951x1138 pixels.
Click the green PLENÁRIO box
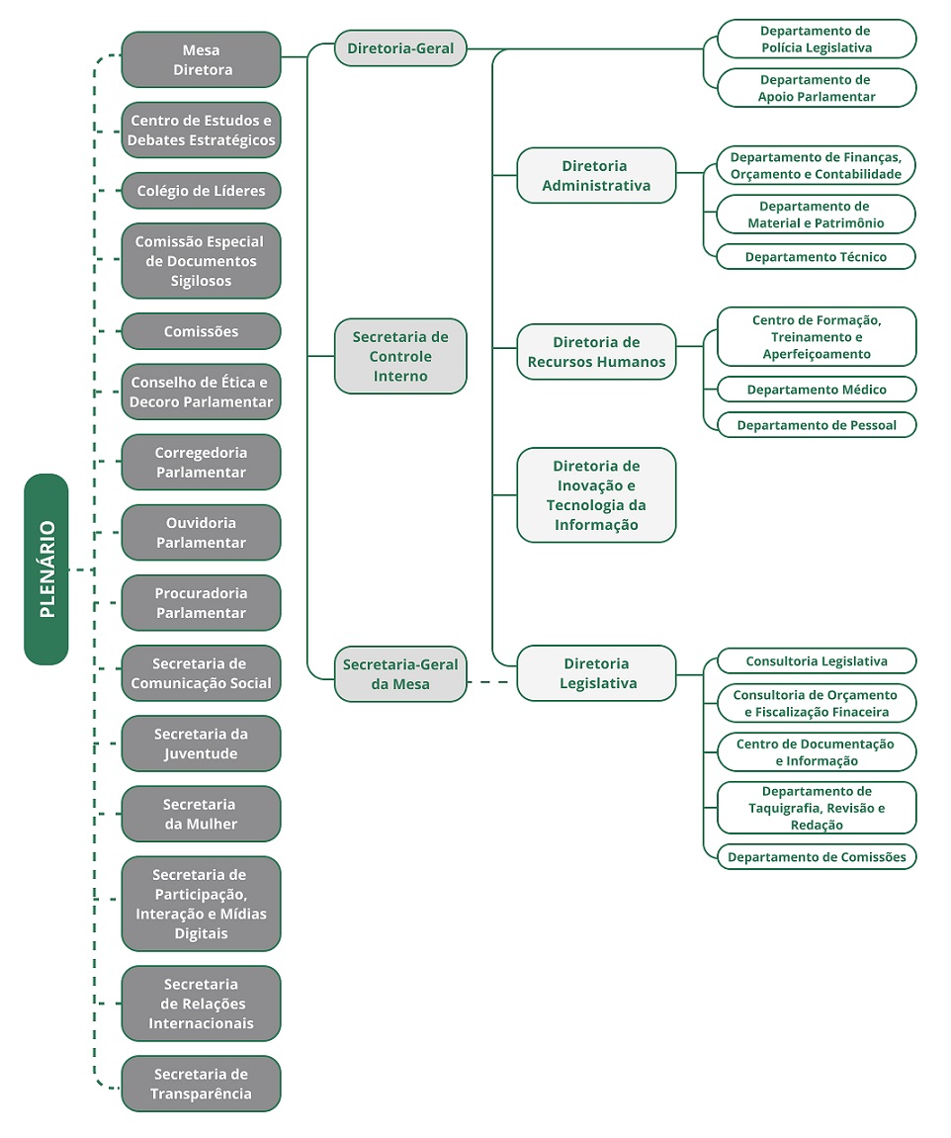point(46,569)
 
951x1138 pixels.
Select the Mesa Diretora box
point(202,59)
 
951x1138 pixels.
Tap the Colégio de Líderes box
point(202,191)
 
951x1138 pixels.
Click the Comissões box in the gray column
point(202,331)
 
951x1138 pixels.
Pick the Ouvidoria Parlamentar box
point(202,533)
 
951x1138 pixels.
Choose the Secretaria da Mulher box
point(202,814)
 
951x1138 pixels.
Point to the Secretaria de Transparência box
point(202,1084)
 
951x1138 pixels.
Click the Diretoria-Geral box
point(400,48)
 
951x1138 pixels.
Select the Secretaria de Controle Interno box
point(400,356)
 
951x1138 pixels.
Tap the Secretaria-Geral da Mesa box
point(400,674)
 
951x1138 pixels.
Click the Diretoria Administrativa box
point(596,176)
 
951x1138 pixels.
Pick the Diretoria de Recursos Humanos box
point(596,352)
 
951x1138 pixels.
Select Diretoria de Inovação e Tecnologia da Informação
point(596,495)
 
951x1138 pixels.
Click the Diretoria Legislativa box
point(596,673)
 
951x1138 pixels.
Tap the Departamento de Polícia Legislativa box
point(817,40)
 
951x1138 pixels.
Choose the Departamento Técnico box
point(817,257)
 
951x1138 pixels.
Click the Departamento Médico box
point(817,390)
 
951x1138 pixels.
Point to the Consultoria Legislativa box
point(817,661)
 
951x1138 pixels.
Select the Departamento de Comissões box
point(817,857)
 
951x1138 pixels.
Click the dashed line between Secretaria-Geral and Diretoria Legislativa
point(491,682)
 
